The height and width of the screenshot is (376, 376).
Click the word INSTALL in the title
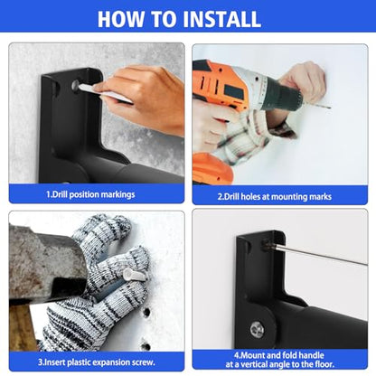221,19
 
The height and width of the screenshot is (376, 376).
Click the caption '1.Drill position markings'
90,194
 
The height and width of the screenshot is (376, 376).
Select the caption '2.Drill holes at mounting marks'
275,197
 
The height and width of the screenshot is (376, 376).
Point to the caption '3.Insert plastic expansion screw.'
97,362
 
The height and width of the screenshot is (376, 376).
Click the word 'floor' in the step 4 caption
324,364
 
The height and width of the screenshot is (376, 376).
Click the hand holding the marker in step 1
142,97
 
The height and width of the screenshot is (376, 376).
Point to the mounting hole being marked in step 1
76,85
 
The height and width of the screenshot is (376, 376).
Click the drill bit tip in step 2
330,108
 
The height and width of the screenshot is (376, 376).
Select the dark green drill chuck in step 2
282,97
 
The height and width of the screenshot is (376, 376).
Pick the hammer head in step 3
47,264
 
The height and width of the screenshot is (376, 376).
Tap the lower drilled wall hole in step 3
146,345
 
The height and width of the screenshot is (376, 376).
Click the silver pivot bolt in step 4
257,329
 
